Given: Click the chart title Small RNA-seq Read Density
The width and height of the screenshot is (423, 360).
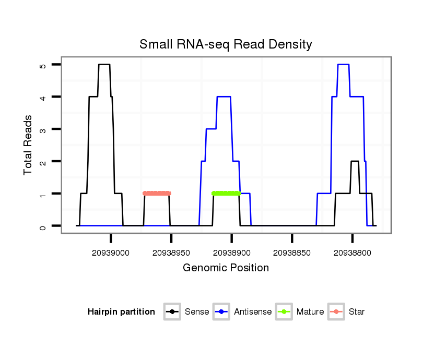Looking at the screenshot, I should click(x=226, y=44).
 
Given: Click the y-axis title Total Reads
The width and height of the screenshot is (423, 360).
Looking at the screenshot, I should click(x=28, y=145).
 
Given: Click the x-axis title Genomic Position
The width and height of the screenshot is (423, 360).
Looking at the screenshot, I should click(x=226, y=268).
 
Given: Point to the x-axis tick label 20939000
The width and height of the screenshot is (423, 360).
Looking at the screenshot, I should click(x=111, y=253).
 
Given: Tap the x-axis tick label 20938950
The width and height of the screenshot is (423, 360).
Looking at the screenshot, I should click(x=171, y=253).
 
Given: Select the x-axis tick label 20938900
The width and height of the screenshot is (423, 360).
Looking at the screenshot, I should click(x=231, y=253).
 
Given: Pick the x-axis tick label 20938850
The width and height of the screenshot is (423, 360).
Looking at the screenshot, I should click(x=292, y=253).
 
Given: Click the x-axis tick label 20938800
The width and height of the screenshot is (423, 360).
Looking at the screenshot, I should click(x=352, y=253).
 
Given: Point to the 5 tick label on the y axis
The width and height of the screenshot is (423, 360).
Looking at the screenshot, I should click(x=43, y=65).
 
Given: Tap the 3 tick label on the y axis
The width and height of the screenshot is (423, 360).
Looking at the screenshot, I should click(x=43, y=129).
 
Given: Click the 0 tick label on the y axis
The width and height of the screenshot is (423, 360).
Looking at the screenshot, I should click(x=43, y=226).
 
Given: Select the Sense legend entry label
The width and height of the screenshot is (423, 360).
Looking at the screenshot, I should click(x=197, y=312).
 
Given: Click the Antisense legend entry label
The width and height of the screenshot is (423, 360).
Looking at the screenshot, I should click(x=253, y=312).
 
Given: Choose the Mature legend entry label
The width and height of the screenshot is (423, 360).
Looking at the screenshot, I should click(x=310, y=312).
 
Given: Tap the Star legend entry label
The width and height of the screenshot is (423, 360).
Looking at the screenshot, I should click(x=357, y=312).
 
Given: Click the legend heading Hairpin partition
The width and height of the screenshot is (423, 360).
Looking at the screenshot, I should click(x=121, y=312).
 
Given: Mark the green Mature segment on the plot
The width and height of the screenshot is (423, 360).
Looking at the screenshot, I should click(x=226, y=194).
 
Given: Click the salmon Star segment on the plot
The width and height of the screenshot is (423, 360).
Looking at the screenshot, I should click(x=157, y=194).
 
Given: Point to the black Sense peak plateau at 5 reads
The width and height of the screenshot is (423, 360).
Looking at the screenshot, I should click(x=104, y=65).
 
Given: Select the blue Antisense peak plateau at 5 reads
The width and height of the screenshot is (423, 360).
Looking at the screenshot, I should click(x=343, y=65).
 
